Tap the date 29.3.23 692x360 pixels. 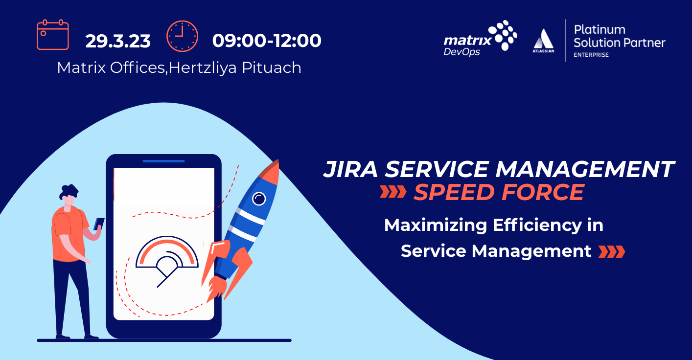coord(118,41)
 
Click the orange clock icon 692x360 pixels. coord(182,36)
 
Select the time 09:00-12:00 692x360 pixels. coord(267,41)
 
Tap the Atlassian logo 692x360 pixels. coord(543,41)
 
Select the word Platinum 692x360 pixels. coord(600,29)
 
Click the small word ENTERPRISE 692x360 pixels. coord(591,55)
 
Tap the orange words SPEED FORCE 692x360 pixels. coord(499,192)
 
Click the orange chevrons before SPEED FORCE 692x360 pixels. coord(393,192)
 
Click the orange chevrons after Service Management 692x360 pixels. coord(612,251)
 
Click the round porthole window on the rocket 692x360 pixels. coord(258,198)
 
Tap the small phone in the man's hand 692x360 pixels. coord(99,223)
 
